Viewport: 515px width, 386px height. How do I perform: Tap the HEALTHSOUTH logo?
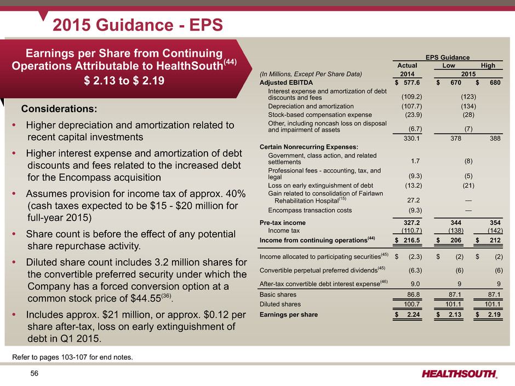point(460,374)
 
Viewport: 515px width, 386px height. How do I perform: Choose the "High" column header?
point(488,66)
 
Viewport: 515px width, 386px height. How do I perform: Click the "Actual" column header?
point(407,66)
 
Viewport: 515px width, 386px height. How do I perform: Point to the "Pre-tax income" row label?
point(283,223)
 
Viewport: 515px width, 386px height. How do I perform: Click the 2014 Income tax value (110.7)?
point(407,231)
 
